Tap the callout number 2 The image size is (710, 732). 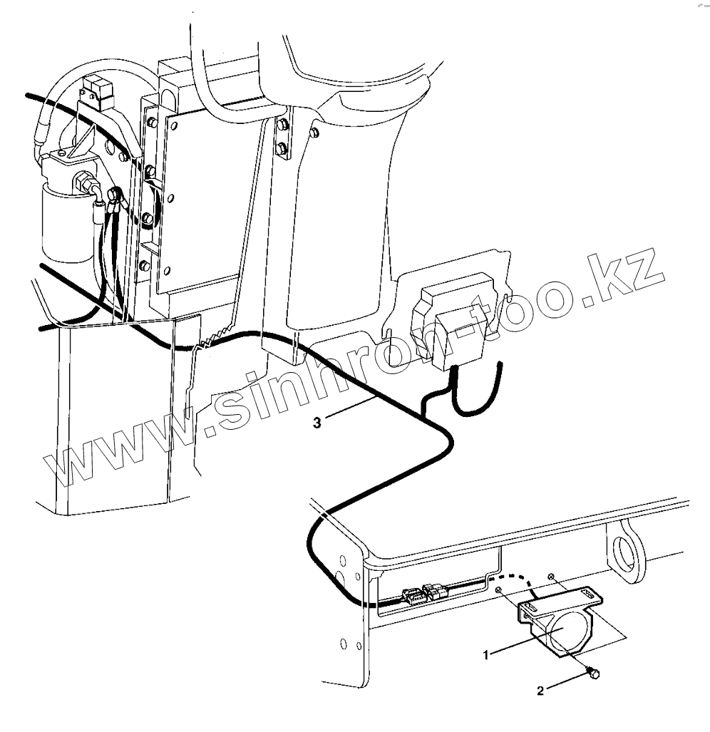540,690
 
